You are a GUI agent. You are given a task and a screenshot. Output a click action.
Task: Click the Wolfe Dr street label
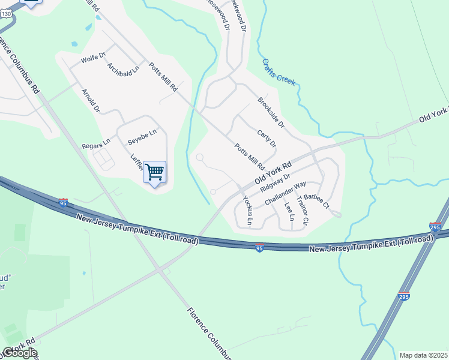coord(93,59)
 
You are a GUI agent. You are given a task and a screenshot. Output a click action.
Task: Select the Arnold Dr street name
coord(91,100)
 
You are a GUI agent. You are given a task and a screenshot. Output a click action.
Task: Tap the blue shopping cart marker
coord(155,173)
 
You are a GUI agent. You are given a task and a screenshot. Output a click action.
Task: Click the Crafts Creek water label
coord(279,71)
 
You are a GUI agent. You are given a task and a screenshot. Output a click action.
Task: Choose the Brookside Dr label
coord(270,116)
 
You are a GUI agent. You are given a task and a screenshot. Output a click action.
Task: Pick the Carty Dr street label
coord(266,139)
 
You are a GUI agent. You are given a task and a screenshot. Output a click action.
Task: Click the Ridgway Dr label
coord(276,182)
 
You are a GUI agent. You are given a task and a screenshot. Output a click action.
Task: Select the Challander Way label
coord(285,193)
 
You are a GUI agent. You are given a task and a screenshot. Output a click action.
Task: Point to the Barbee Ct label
coord(317,201)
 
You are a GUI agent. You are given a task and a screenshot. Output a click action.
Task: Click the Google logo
coord(20,353)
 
